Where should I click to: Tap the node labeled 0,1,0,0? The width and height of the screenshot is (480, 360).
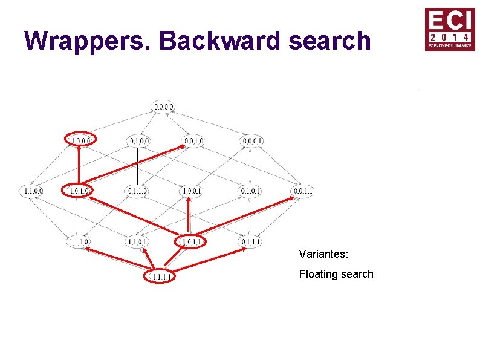(x=138, y=141)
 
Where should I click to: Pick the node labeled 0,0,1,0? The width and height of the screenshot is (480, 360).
(x=193, y=141)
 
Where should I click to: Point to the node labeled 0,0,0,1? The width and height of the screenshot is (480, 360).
(x=251, y=141)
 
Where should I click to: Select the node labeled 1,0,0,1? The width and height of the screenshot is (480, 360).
(x=191, y=191)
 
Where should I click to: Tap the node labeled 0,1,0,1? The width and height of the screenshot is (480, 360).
(x=250, y=191)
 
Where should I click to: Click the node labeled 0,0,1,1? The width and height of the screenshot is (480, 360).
(x=302, y=191)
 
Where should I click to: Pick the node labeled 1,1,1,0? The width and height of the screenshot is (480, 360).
(x=79, y=242)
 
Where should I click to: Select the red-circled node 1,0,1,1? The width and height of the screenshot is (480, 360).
(x=190, y=242)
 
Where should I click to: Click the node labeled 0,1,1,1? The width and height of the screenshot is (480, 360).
(x=251, y=242)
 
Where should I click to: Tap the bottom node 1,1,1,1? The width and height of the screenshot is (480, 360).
(x=160, y=277)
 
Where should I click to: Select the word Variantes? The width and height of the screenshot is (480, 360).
(x=323, y=254)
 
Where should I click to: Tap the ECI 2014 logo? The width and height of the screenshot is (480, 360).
(x=450, y=29)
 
